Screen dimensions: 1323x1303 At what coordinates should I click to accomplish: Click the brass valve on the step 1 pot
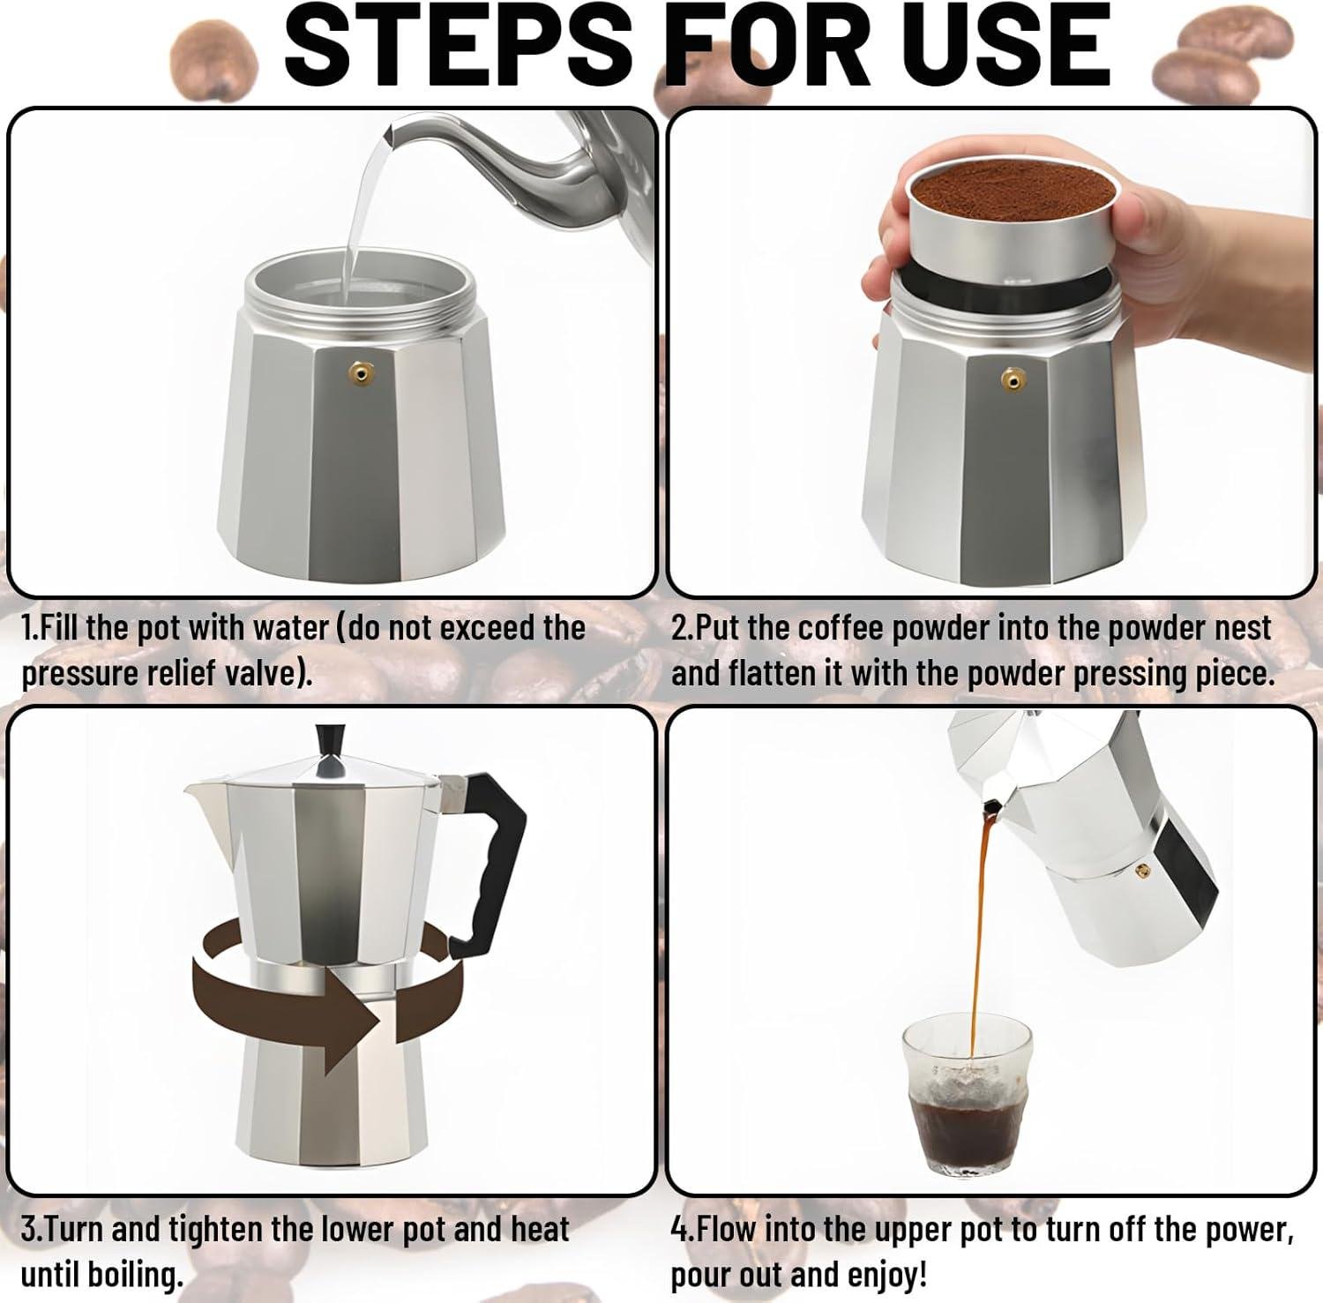point(360,371)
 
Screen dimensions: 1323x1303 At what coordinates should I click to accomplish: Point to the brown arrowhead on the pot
point(353,1019)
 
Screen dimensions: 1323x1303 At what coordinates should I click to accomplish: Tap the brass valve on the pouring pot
point(1145,872)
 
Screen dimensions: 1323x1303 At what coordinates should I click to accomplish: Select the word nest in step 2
point(1238,628)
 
